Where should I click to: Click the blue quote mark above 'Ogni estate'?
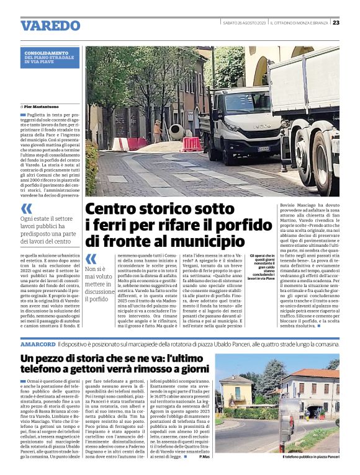[x=26, y=208]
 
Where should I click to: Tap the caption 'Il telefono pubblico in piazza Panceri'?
[x=311, y=457]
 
